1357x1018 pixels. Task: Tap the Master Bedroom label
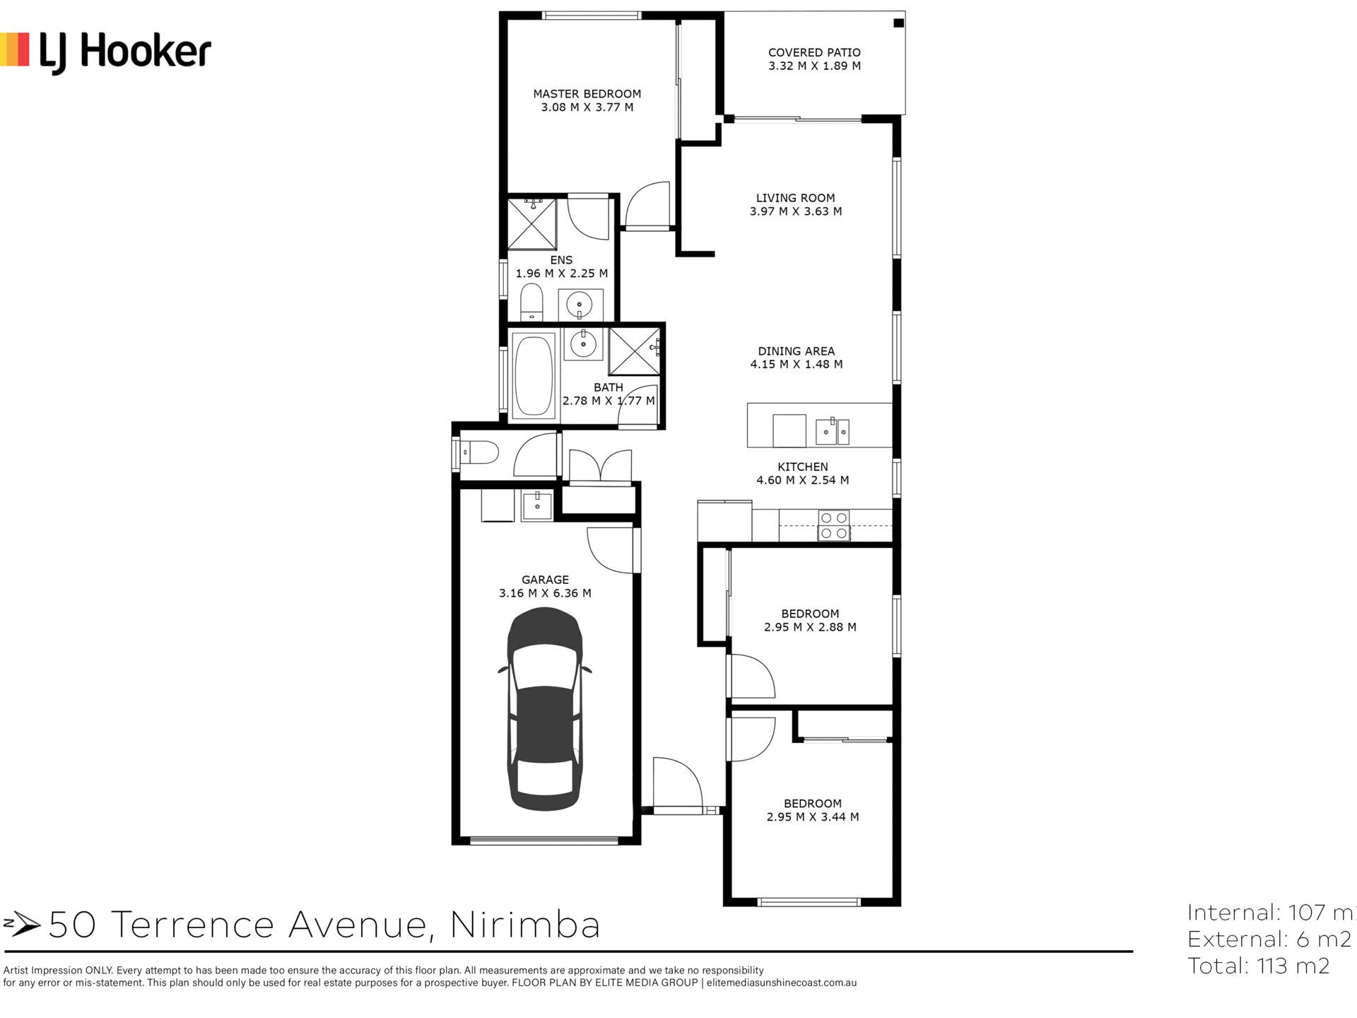(587, 94)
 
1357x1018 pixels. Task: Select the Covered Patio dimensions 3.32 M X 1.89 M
(814, 66)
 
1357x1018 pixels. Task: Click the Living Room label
(795, 198)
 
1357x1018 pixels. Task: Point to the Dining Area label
(796, 351)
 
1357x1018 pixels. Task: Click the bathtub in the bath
(534, 376)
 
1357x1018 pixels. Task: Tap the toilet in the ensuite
(531, 302)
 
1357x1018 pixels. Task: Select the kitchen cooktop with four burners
(834, 526)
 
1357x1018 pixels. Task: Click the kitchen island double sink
(833, 431)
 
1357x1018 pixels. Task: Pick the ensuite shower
(532, 223)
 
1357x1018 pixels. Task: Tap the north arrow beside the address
(22, 923)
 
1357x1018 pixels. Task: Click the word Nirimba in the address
(525, 925)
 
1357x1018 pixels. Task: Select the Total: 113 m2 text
(1259, 966)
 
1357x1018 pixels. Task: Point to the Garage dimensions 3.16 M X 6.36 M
(545, 593)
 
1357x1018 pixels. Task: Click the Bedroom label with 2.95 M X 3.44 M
(812, 804)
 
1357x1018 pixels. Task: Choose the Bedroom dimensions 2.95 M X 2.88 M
(810, 627)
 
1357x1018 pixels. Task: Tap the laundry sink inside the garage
(537, 505)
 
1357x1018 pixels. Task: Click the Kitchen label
(803, 467)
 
